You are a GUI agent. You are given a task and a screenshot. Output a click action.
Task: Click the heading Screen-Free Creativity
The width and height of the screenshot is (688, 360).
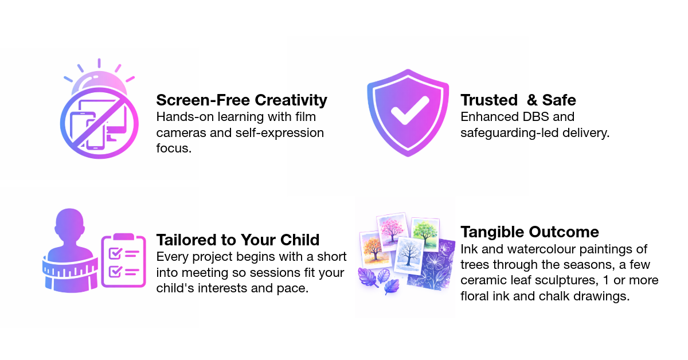[x=241, y=100]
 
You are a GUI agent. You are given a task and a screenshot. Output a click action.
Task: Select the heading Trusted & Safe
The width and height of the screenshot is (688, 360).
[x=518, y=100]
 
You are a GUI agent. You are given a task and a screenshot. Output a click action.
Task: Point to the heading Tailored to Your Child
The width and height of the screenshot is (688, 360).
[x=238, y=239]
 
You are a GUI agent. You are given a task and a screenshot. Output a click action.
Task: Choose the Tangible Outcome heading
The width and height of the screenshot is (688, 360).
[x=530, y=232]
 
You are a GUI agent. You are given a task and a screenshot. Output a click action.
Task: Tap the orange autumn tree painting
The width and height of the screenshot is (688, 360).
[x=375, y=250]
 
